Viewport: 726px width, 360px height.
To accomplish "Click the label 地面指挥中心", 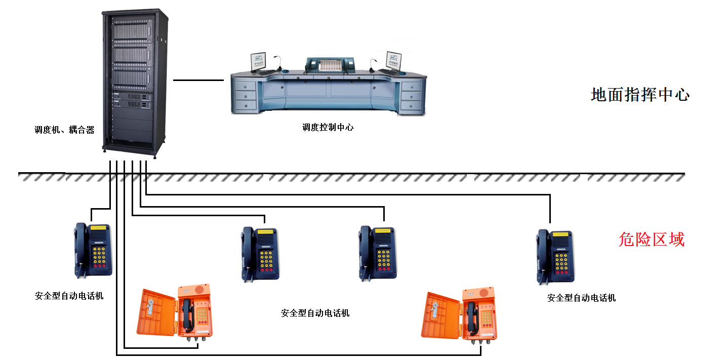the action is (640, 95).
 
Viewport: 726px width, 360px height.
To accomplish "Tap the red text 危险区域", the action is (652, 239).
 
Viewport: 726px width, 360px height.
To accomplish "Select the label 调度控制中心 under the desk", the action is (328, 128).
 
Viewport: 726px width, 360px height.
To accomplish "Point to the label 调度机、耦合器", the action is (64, 130).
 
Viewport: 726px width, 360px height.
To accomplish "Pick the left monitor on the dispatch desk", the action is (258, 62).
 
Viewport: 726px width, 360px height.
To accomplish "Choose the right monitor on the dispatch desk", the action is (394, 61).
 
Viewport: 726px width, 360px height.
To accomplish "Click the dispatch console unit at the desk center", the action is (330, 65).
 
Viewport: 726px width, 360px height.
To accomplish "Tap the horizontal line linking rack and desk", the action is (198, 80).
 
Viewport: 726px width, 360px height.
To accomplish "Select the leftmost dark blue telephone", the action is (93, 250).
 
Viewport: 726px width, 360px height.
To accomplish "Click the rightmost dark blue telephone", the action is (555, 256).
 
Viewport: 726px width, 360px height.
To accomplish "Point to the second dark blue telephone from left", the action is (260, 254).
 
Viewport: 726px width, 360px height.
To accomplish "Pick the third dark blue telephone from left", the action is (378, 253).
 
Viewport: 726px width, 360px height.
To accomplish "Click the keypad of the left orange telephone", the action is (202, 315).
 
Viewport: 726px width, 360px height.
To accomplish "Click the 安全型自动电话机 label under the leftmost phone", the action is (69, 296).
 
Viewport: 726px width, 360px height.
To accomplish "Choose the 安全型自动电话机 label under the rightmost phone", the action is (581, 298).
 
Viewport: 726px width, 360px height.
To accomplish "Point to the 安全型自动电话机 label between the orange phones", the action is (315, 313).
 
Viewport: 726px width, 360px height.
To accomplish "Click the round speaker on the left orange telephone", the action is (199, 289).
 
